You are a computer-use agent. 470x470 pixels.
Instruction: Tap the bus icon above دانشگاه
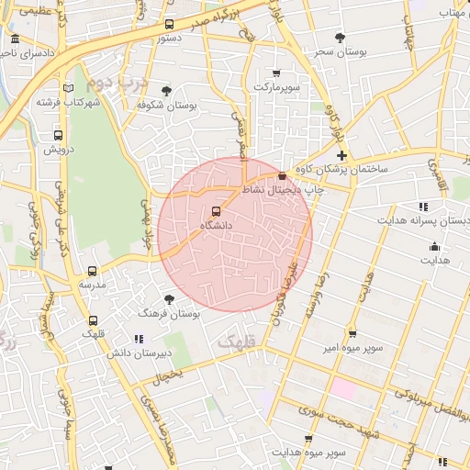tap(217, 212)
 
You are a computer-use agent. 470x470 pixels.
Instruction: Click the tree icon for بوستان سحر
tap(340, 39)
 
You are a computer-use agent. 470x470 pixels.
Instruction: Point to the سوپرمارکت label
tap(276, 86)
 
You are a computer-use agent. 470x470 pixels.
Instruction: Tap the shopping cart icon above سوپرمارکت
tap(276, 73)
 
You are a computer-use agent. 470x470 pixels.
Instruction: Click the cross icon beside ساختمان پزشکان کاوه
tap(341, 156)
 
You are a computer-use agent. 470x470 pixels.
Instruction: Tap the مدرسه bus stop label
tap(92, 285)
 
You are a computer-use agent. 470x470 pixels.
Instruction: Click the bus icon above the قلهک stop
tap(93, 321)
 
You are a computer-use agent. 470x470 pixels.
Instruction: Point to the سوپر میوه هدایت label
tap(312, 453)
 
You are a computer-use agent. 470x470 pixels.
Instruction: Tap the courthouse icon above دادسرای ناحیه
tap(16, 39)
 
